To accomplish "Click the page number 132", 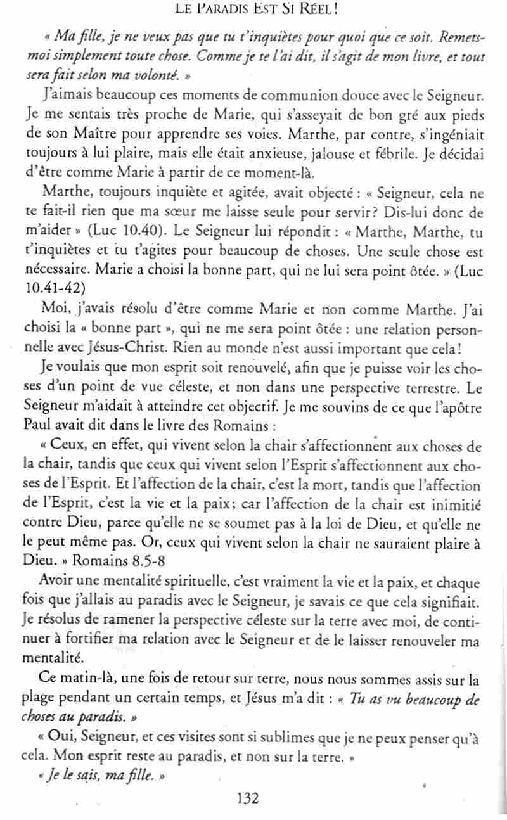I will [x=247, y=797].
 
